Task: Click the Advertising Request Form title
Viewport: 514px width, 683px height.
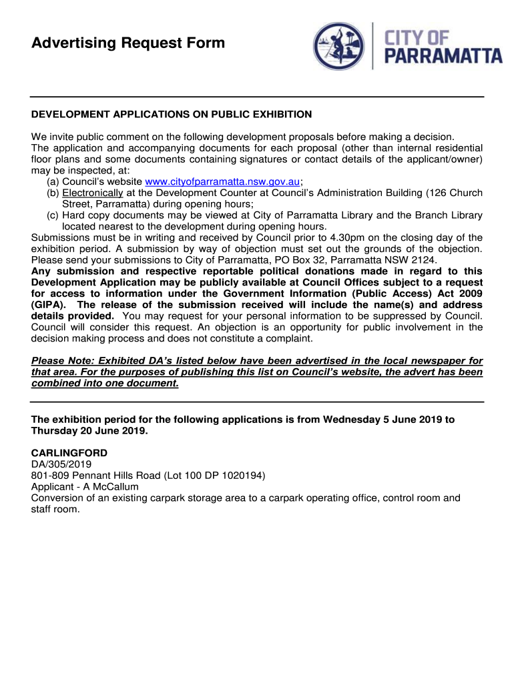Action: coord(128,43)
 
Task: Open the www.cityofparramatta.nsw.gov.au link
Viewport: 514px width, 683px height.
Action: coord(223,181)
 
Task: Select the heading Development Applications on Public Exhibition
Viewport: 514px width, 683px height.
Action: coord(172,114)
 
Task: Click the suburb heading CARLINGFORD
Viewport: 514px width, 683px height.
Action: coord(69,453)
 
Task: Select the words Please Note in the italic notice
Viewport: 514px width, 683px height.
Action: coord(59,361)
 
